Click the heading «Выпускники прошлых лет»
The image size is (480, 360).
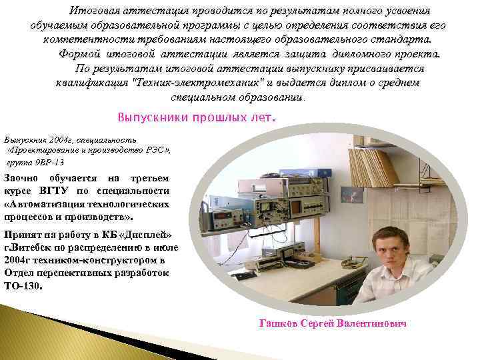(x=195, y=117)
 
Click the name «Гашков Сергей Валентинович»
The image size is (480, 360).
(x=332, y=323)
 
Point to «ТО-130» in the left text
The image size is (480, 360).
(x=22, y=286)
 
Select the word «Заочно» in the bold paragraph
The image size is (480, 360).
(x=21, y=178)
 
